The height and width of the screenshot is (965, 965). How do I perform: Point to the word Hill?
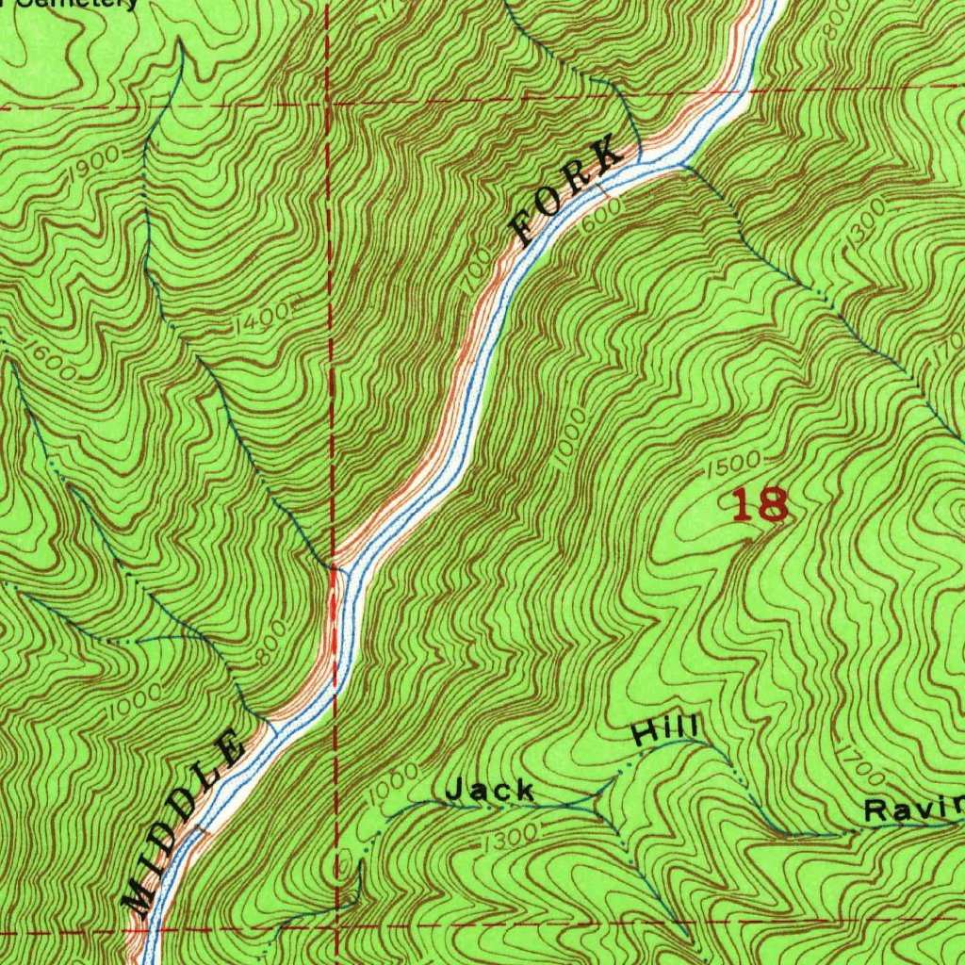coord(665,730)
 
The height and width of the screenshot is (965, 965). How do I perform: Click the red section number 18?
coord(760,506)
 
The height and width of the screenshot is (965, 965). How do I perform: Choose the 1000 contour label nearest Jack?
coord(391,781)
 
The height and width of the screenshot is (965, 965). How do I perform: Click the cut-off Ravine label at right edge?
coord(914,809)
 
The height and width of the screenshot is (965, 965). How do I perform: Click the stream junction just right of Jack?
coord(596,801)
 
